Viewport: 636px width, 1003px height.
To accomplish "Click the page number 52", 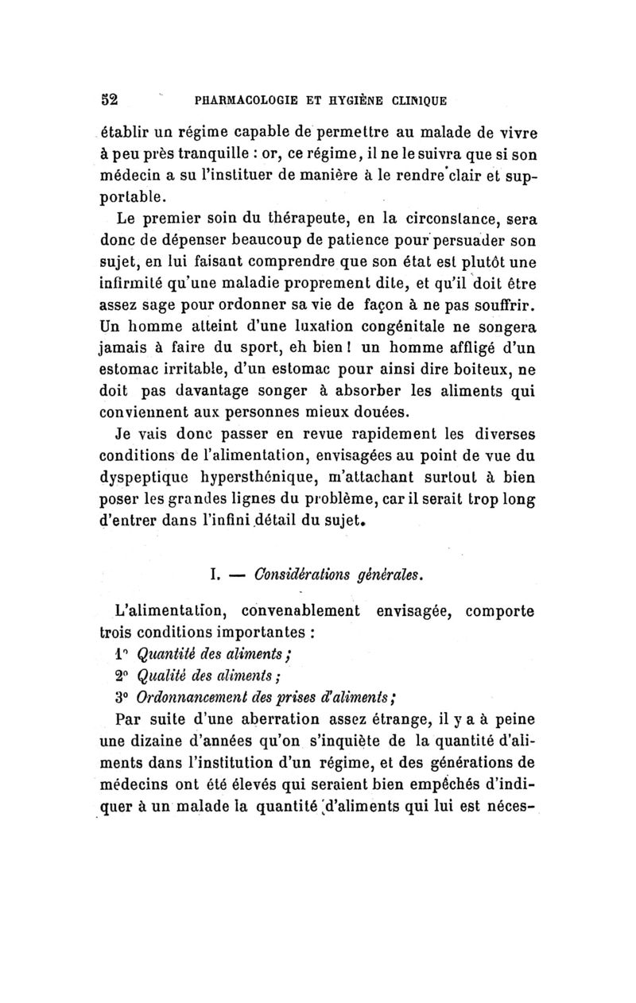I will pos(108,100).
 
